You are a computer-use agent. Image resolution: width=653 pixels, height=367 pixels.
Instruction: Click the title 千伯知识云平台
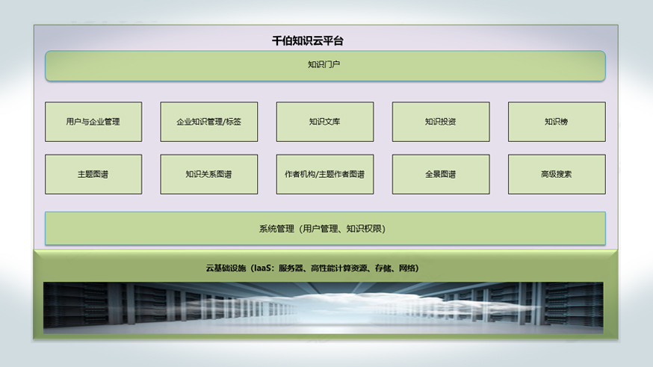click(x=308, y=41)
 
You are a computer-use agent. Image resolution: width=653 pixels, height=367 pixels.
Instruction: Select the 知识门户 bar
click(x=325, y=66)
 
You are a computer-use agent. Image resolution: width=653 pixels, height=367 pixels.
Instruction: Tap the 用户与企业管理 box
click(x=93, y=122)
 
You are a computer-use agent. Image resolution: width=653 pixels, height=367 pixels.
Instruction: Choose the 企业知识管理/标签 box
click(x=209, y=122)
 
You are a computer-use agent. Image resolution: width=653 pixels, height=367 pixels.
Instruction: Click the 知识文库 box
click(x=325, y=122)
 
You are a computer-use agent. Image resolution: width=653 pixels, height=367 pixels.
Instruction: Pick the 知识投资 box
click(x=441, y=122)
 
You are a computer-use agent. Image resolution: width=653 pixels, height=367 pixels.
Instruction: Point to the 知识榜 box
click(x=557, y=122)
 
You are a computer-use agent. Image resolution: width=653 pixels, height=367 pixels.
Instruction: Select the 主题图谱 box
click(x=93, y=174)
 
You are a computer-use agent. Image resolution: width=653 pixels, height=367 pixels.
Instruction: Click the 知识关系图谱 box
click(x=209, y=174)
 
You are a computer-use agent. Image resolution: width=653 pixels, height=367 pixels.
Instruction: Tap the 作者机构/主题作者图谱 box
click(x=325, y=174)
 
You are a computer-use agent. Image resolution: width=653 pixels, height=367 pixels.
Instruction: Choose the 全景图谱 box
click(x=441, y=174)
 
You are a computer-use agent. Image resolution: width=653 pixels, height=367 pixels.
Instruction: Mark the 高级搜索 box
click(x=557, y=174)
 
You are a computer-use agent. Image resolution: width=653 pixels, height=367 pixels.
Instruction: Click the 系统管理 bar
click(x=325, y=228)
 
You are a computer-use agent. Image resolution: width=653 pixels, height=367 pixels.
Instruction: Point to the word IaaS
click(x=262, y=268)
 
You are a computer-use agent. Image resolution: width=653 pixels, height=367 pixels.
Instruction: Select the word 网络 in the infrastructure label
click(x=407, y=268)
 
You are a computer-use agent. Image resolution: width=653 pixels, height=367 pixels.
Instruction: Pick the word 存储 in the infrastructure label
click(x=383, y=268)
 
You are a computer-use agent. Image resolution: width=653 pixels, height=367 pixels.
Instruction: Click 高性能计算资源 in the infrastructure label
click(x=339, y=268)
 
